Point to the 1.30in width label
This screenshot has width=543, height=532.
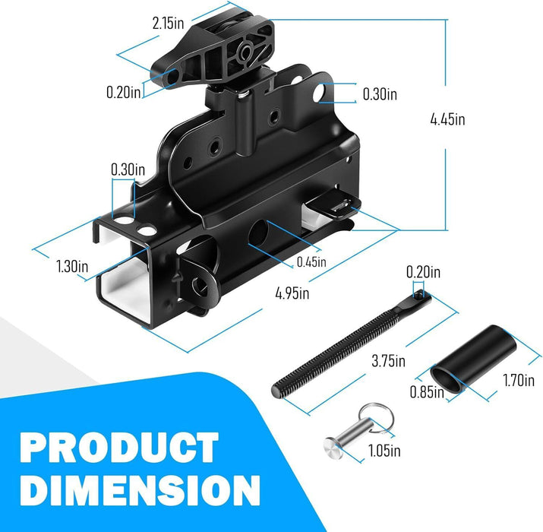(x=72, y=267)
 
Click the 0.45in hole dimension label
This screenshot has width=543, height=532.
(x=311, y=261)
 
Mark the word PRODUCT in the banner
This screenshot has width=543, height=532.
(x=120, y=448)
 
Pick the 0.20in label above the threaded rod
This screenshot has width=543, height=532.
(x=422, y=271)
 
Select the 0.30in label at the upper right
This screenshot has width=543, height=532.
(x=380, y=94)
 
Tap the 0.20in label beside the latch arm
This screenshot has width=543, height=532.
(x=124, y=92)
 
